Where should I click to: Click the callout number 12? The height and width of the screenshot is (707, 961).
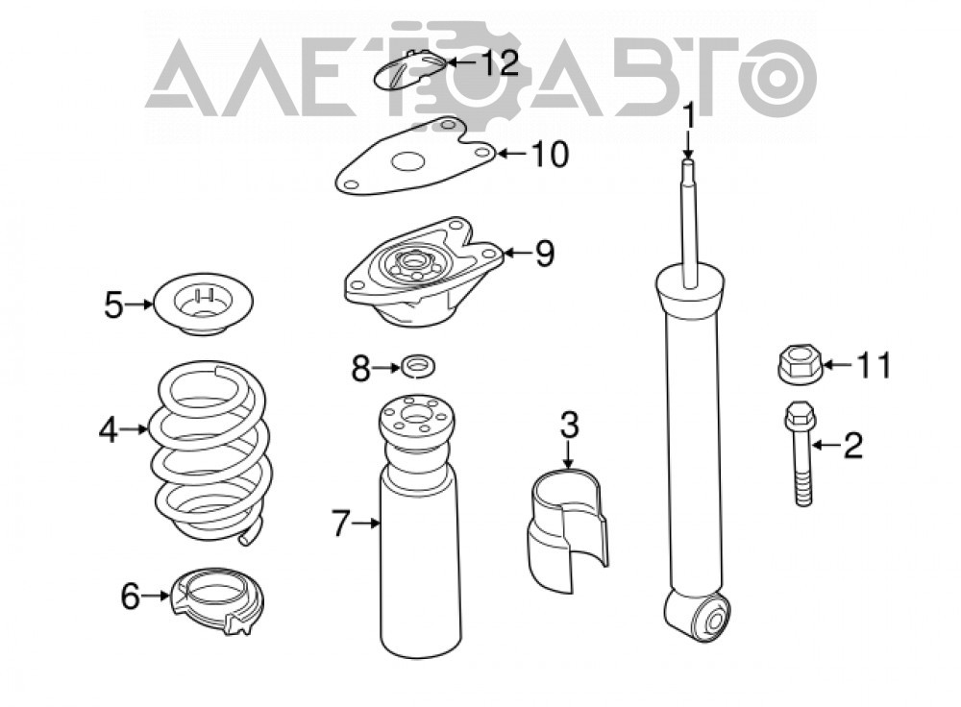click(499, 62)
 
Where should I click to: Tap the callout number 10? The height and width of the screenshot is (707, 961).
click(550, 154)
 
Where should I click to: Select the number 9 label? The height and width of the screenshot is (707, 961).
click(544, 253)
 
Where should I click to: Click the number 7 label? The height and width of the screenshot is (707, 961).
click(341, 524)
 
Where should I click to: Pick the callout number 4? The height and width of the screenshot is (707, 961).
click(108, 430)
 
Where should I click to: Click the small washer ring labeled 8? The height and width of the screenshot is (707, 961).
click(418, 368)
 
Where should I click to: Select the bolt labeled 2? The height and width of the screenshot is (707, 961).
click(800, 452)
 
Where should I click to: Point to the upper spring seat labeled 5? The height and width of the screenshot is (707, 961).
click(202, 304)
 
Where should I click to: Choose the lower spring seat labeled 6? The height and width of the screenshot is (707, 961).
click(215, 600)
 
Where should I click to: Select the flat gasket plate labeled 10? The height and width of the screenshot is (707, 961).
click(415, 157)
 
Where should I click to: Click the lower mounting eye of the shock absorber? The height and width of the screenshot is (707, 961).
click(699, 615)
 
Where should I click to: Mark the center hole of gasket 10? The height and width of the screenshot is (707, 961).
click(408, 162)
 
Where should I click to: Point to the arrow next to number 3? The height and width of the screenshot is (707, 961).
click(568, 455)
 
